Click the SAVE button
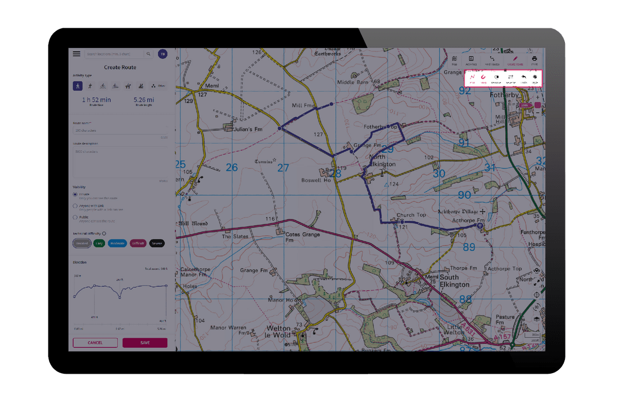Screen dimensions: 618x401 click(x=145, y=342)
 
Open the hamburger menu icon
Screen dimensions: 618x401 click(x=77, y=54)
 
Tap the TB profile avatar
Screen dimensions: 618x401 click(x=162, y=54)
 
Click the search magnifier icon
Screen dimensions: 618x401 click(x=148, y=54)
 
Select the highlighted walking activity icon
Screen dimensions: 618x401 click(x=78, y=85)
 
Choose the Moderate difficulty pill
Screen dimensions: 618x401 click(x=118, y=243)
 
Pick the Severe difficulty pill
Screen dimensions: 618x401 click(x=157, y=243)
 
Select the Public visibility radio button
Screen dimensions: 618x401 click(x=75, y=218)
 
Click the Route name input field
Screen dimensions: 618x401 click(x=120, y=130)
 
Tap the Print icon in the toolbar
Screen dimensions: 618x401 click(x=535, y=59)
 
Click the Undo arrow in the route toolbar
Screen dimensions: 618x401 click(x=523, y=77)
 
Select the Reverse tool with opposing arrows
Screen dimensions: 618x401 click(x=510, y=77)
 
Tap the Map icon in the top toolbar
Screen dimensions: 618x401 click(x=454, y=59)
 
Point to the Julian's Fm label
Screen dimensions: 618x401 click(x=248, y=129)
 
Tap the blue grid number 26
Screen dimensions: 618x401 click(x=232, y=167)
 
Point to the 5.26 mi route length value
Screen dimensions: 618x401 click(x=144, y=100)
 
